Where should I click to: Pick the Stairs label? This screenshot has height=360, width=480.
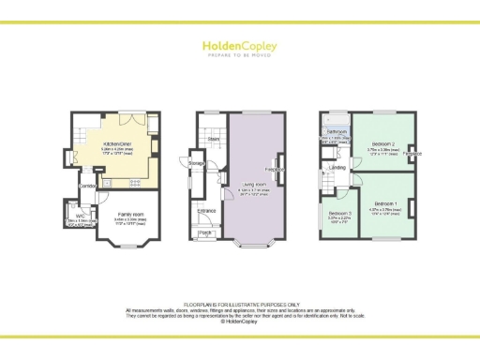pyautogui.click(x=214, y=138)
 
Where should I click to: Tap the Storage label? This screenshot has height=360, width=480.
pyautogui.click(x=198, y=164)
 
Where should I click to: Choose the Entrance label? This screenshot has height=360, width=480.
pyautogui.click(x=207, y=212)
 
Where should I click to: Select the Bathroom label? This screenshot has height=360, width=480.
pyautogui.click(x=336, y=131)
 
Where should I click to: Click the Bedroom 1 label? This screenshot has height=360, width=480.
pyautogui.click(x=386, y=203)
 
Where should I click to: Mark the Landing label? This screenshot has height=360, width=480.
pyautogui.click(x=337, y=168)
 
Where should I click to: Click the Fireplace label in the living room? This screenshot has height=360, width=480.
pyautogui.click(x=275, y=170)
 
